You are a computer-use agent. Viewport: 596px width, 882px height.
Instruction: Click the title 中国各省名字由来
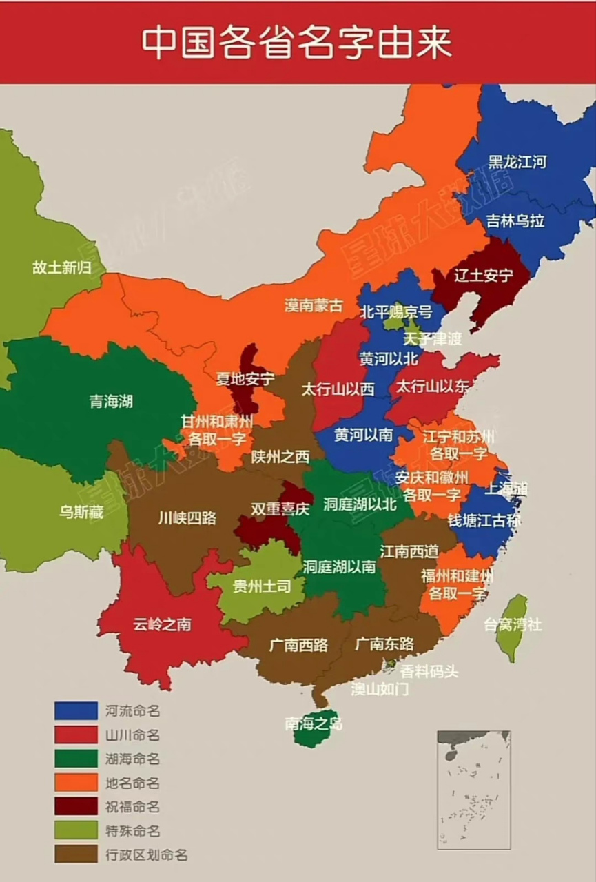[297, 43]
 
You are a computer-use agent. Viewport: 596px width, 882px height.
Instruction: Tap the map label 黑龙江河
[517, 162]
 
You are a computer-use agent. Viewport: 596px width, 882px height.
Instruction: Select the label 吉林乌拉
[515, 220]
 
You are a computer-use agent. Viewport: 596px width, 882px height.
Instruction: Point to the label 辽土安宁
[484, 276]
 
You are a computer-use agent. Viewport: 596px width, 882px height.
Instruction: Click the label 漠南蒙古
[314, 305]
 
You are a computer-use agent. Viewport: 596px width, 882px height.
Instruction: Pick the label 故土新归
[61, 268]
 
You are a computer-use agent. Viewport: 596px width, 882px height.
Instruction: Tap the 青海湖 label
[111, 401]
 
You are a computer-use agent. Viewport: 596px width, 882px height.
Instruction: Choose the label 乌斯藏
[81, 513]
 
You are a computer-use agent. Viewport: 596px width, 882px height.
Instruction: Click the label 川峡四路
[187, 517]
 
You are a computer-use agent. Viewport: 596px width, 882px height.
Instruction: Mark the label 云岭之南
[162, 625]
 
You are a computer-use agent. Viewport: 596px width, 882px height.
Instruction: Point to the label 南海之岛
[314, 724]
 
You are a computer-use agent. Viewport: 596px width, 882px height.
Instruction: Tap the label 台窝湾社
[512, 625]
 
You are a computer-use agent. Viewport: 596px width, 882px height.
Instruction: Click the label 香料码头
[429, 671]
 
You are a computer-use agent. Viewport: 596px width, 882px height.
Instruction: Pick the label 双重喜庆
[280, 509]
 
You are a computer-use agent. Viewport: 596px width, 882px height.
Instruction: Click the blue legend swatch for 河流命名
[76, 710]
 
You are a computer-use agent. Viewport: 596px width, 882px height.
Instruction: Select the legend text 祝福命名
[132, 807]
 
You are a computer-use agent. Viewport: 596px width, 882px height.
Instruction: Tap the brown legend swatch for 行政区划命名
[76, 854]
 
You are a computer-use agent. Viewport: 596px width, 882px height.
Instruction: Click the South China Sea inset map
[473, 789]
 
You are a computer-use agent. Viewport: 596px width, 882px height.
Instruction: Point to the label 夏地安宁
[245, 379]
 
